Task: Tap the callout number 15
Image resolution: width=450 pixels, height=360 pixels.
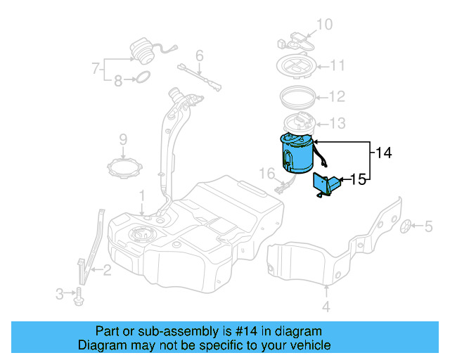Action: pyautogui.click(x=358, y=180)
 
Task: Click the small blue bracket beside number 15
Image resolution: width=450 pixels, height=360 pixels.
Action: pyautogui.click(x=326, y=184)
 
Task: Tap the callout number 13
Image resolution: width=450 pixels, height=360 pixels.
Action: pyautogui.click(x=337, y=124)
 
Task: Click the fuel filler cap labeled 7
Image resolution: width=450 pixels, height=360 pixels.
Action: pyautogui.click(x=143, y=53)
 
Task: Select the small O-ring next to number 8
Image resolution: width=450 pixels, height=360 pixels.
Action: pyautogui.click(x=141, y=77)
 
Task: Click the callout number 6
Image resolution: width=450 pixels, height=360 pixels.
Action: pyautogui.click(x=199, y=55)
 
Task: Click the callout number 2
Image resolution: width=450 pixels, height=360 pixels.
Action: pyautogui.click(x=106, y=269)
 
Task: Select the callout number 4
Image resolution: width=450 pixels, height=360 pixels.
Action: pyautogui.click(x=326, y=307)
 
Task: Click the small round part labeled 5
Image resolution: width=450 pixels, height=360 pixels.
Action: pyautogui.click(x=407, y=226)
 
